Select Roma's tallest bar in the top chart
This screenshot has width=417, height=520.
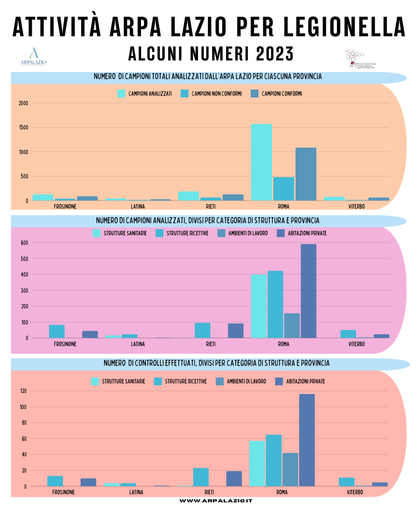261,162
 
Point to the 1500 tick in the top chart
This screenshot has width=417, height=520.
23,127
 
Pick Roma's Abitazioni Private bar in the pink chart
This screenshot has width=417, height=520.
309,291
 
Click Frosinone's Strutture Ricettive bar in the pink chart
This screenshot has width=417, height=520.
57,331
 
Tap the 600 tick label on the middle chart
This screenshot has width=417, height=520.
23,243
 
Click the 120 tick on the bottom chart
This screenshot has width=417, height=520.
23,391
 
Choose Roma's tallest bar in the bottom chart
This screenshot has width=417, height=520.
307,440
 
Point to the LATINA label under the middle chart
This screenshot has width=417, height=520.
138,344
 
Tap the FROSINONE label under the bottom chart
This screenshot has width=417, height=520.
63,492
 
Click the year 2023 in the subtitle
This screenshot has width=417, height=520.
274,53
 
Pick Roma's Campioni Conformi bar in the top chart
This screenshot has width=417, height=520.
306,174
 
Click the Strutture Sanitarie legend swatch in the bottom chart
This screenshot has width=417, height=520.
95,381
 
